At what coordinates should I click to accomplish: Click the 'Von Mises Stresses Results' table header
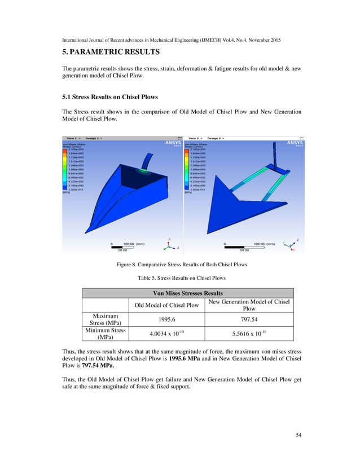[188, 293]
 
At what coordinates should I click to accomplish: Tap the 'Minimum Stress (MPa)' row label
[106, 333]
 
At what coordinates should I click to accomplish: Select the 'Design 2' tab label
[214, 137]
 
